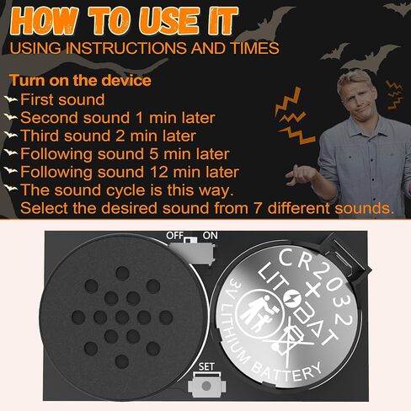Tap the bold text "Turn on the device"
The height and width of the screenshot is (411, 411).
[80, 81]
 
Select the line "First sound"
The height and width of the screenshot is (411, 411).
[62, 100]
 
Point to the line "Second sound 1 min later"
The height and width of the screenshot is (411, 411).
[117, 118]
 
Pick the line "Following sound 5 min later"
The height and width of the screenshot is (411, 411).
[124, 153]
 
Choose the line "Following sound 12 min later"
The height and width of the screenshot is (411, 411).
[128, 171]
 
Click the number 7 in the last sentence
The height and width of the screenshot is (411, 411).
[264, 207]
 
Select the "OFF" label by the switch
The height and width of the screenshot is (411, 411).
[175, 236]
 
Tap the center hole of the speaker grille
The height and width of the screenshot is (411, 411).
[122, 317]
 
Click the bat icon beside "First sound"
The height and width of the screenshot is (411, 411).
[10, 100]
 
